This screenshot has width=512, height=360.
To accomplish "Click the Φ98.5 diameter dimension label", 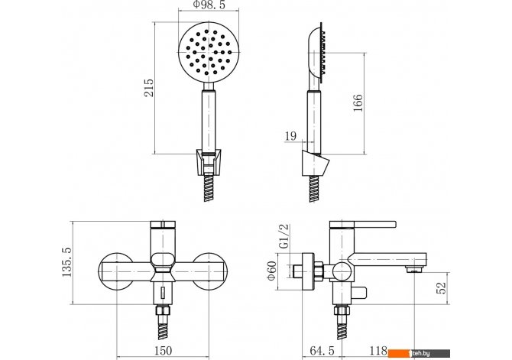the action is click(209, 5).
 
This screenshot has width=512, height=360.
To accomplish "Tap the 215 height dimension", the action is click(148, 88).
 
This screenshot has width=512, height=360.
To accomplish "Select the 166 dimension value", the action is click(358, 103).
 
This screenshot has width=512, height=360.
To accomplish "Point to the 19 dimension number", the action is click(290, 136).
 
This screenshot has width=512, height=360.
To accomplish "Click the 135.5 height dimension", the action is click(66, 262).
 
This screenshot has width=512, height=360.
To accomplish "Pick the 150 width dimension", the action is click(163, 351).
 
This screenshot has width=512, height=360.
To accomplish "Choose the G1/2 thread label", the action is click(285, 236).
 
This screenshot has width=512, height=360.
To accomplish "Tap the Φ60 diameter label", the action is click(272, 271).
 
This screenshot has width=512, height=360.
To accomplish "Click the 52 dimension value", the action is click(441, 288).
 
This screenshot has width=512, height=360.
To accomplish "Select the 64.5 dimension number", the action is click(322, 351).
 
